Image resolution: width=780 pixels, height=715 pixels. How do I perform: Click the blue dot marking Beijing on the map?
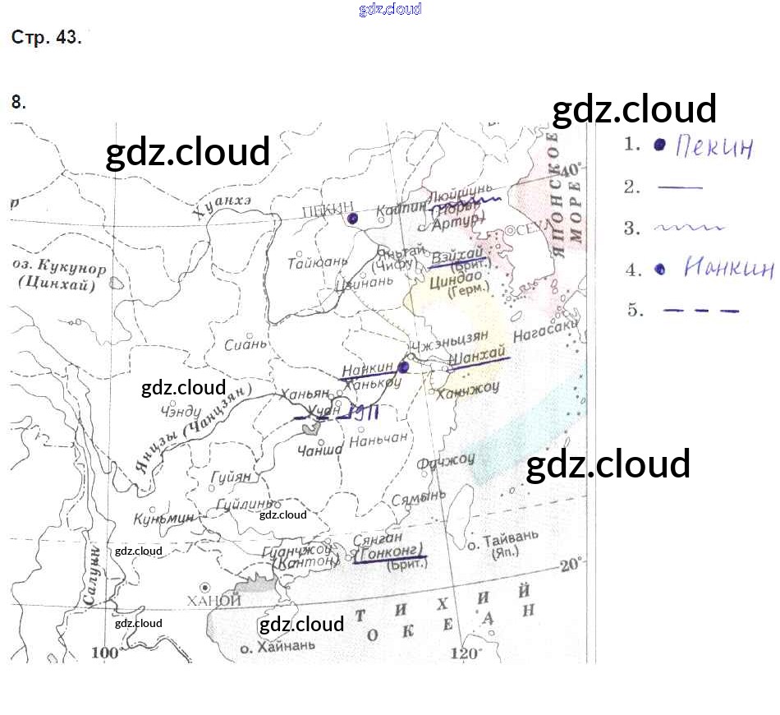352,218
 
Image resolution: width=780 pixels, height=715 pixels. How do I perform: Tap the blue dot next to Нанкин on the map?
403,367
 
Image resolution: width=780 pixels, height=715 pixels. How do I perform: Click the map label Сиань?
246,345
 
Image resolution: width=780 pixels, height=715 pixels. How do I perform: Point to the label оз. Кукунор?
60,269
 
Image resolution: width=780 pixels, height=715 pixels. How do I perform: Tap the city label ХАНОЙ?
214,602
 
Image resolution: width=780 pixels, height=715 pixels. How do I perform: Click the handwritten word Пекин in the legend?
713,147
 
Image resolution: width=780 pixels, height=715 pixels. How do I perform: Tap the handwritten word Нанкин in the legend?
728,269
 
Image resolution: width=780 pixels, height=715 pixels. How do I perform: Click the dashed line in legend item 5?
700,311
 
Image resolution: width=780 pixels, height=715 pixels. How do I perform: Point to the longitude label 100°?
105,653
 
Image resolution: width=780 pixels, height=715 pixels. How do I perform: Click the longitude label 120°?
465,654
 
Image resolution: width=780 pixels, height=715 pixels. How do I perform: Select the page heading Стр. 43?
46,38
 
